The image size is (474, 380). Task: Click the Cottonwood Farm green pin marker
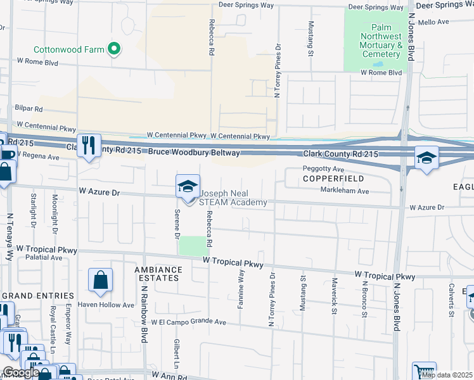[114, 49]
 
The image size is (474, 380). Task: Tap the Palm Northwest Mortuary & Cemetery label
[378, 41]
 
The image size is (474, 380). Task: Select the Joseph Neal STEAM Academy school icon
[188, 187]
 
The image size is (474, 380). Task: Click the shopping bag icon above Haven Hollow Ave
[100, 281]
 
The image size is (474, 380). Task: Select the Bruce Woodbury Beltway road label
[195, 153]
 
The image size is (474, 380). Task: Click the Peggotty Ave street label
[323, 170]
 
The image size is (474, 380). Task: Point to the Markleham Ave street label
[344, 191]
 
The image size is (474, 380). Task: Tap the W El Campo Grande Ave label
[188, 322]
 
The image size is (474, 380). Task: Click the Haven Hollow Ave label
[106, 305]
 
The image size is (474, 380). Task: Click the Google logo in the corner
[21, 373]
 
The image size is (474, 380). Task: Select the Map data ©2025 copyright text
[446, 375]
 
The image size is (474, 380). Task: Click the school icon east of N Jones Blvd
[427, 158]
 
